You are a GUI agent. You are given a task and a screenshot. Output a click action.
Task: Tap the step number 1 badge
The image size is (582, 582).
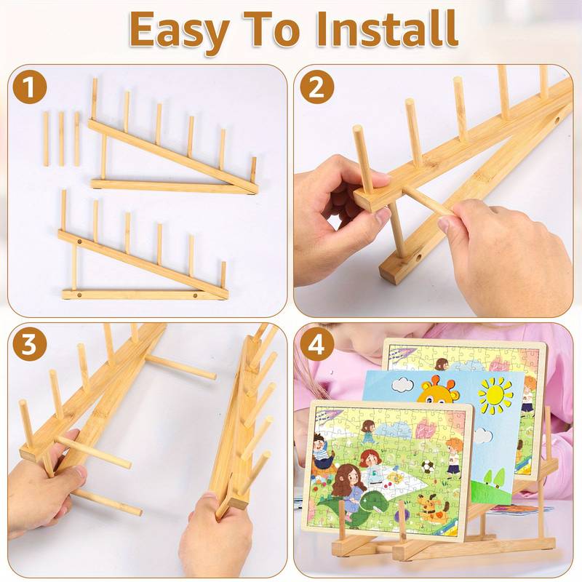[29, 88]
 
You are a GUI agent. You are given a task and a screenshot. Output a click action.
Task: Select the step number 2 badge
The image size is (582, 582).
[316, 87]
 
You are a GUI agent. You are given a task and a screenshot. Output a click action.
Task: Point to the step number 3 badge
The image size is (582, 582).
[29, 344]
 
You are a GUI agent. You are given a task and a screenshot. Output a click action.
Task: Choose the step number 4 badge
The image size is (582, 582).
[316, 345]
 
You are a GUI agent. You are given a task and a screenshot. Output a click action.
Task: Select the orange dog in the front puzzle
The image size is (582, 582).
[431, 506]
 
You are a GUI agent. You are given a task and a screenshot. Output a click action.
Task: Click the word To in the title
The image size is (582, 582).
[271, 29]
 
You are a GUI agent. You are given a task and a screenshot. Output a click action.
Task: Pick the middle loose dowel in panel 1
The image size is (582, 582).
[61, 139]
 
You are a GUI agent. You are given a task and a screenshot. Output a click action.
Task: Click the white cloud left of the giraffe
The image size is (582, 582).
[402, 384]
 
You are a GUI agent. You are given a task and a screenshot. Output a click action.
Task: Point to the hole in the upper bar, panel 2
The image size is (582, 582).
[557, 121]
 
